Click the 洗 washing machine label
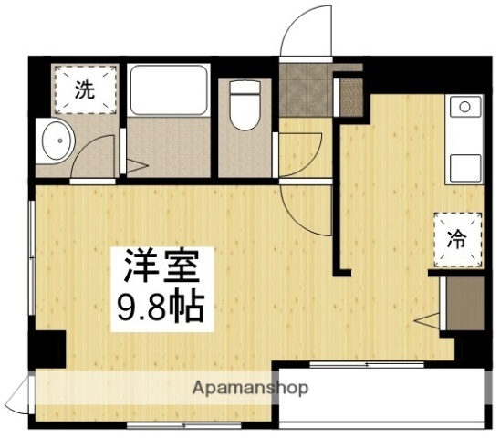(x=84, y=89)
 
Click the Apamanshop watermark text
(x=250, y=388)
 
